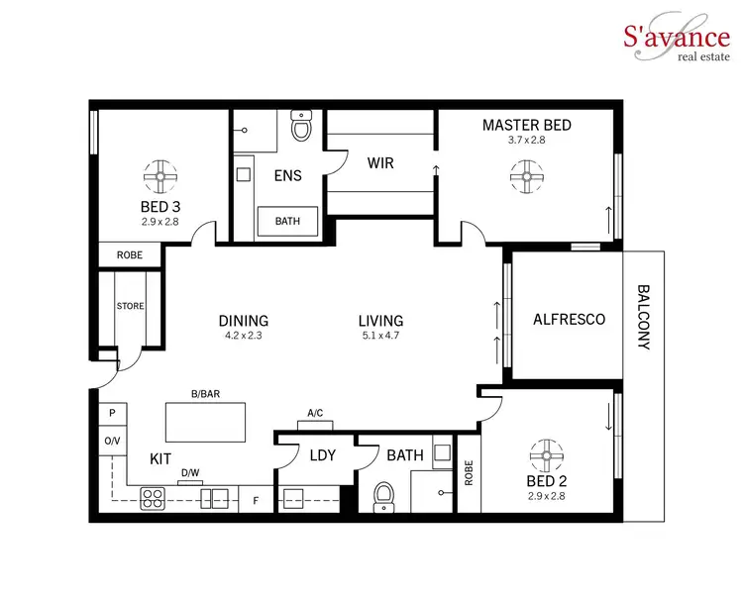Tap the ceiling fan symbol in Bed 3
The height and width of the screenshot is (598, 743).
[158, 177]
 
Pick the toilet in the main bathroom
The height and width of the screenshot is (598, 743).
[385, 497]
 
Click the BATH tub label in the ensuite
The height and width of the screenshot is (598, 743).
[288, 221]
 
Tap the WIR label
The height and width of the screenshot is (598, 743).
[381, 163]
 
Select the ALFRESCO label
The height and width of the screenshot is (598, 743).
[569, 320]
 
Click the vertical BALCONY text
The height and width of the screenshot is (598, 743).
[643, 319]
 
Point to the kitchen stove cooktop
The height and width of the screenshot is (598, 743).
[153, 497]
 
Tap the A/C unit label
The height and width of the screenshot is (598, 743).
[316, 414]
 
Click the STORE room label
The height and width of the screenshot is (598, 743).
[131, 307]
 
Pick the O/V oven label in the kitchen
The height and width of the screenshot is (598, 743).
[111, 440]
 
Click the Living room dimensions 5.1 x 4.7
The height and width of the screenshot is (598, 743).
[381, 336]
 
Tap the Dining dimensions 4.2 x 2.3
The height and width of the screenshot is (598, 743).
[244, 336]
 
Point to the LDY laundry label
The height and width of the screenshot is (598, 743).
[322, 455]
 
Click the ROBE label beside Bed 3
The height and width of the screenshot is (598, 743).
[130, 255]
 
